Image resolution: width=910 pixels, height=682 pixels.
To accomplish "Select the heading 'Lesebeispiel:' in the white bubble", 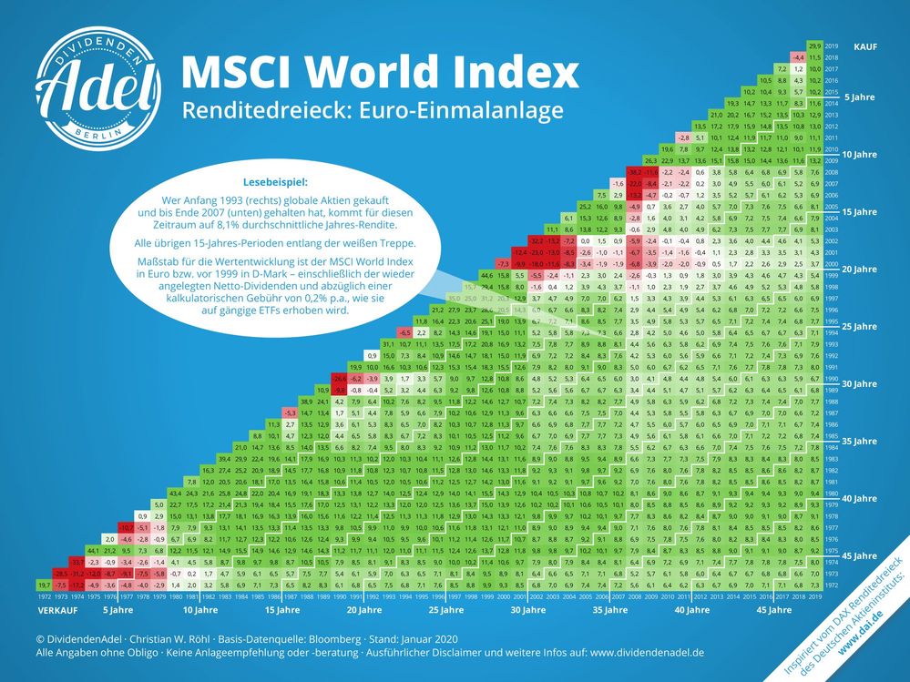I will [275, 181].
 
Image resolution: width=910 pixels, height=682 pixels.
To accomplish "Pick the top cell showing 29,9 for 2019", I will [816, 46].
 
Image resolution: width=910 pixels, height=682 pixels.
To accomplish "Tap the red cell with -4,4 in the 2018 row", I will [799, 57].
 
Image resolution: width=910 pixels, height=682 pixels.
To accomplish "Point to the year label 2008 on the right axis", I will [832, 171].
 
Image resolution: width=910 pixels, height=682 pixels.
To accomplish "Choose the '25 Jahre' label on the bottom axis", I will [446, 611].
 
